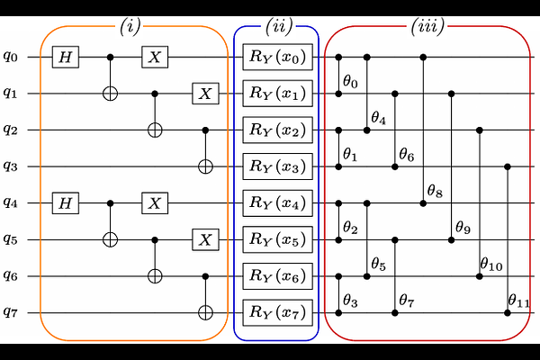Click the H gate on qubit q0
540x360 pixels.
(66, 57)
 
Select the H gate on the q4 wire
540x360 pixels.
(66, 202)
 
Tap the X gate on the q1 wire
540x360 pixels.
(205, 94)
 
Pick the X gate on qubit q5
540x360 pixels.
(205, 239)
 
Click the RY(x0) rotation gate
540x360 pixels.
(277, 57)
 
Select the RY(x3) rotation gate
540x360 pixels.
(277, 166)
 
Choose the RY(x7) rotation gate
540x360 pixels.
(277, 312)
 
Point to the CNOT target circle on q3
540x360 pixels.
(205, 166)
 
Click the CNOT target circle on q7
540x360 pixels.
(205, 313)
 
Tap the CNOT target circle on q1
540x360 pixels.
(110, 94)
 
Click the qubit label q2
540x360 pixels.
(10, 130)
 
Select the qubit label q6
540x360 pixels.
(10, 275)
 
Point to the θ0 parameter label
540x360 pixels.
(350, 82)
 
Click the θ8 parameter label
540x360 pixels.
(435, 191)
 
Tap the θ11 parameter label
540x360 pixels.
(518, 301)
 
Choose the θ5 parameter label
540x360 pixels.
(379, 265)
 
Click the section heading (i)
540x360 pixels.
(130, 26)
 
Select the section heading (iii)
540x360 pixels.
(427, 26)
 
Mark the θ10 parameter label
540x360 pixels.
(491, 265)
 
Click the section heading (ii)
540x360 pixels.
(279, 26)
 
